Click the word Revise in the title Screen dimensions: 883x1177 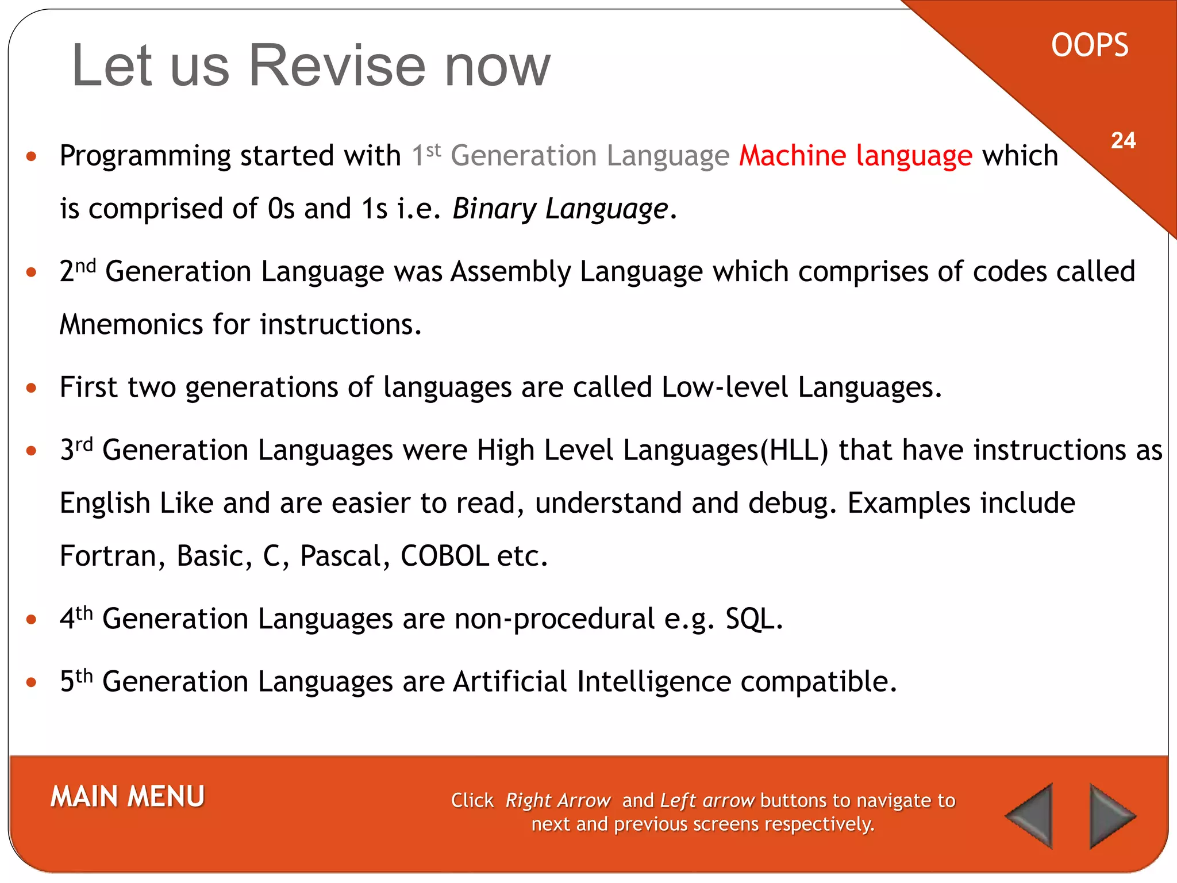[x=337, y=66]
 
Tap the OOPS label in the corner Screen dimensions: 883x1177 [x=1090, y=46]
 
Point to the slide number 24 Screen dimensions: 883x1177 [x=1123, y=141]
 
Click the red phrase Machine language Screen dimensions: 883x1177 [x=855, y=156]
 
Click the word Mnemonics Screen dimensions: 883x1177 [x=131, y=325]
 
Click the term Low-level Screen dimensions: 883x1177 [x=724, y=388]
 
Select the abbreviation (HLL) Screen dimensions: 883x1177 [x=794, y=451]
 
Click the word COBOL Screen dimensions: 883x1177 [x=444, y=556]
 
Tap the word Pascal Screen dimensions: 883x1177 [x=340, y=556]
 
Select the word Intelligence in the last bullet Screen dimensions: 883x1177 [x=653, y=682]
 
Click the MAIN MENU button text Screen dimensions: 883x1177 [x=128, y=797]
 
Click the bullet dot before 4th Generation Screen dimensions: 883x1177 [x=32, y=620]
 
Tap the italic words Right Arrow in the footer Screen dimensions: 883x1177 [x=557, y=801]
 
